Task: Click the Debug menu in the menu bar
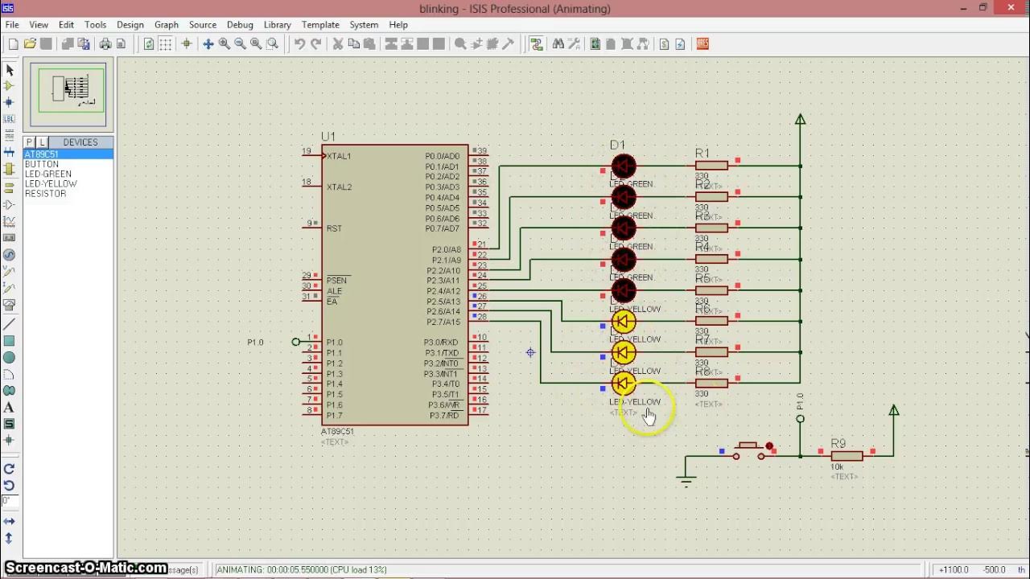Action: [239, 25]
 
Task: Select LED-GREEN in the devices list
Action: [47, 174]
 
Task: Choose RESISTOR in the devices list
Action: [45, 194]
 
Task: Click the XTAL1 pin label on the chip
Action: [339, 156]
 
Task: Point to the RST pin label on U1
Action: [334, 228]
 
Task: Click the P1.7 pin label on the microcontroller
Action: [334, 416]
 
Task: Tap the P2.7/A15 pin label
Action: [443, 322]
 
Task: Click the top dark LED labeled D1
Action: [624, 166]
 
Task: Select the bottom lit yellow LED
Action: [624, 384]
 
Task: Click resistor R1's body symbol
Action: [711, 166]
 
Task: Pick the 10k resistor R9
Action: [847, 456]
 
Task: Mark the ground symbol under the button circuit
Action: [686, 481]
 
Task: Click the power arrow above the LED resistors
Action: [800, 120]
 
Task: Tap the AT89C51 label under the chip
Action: [337, 432]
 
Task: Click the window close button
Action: [1011, 9]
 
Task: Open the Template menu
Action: [319, 25]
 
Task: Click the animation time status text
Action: [302, 569]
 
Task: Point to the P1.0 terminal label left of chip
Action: [255, 343]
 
